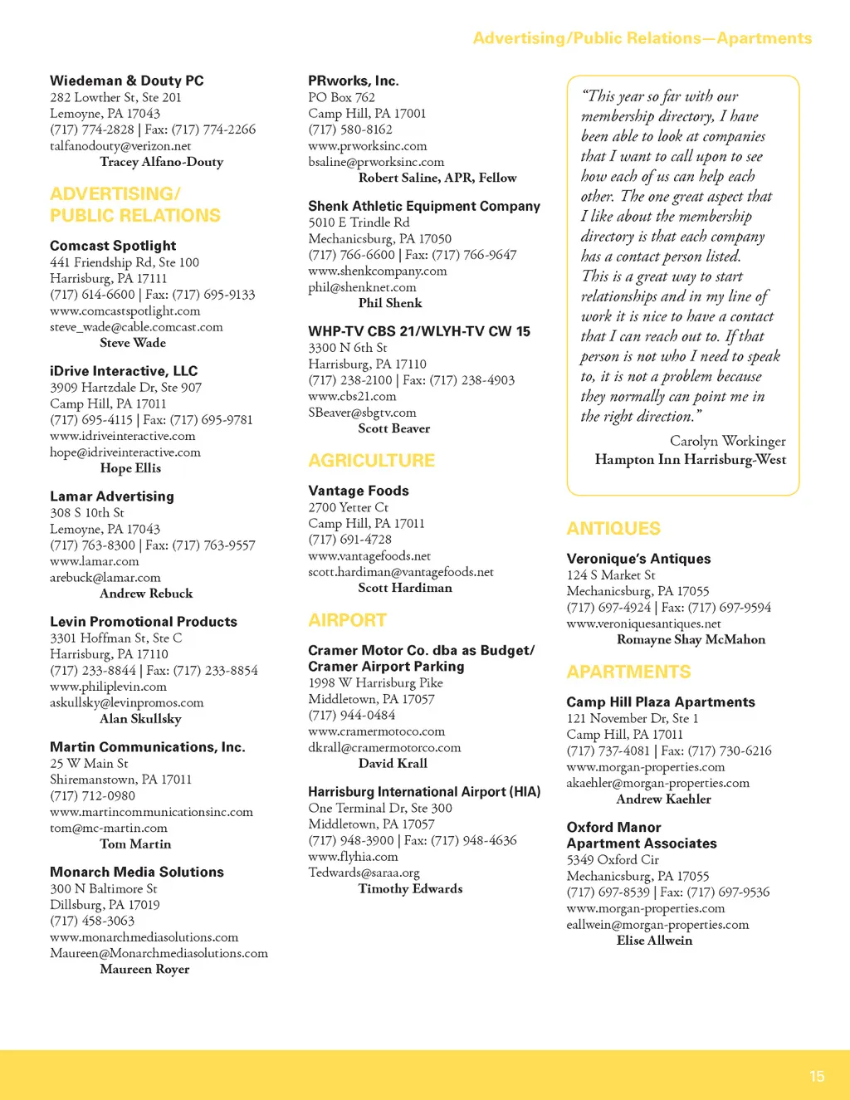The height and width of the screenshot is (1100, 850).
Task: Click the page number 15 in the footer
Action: click(x=817, y=1076)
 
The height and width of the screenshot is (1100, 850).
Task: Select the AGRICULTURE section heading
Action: click(x=371, y=461)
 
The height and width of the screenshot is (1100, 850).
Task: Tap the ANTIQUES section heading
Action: click(x=613, y=529)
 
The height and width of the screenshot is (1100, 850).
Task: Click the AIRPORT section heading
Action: click(x=347, y=620)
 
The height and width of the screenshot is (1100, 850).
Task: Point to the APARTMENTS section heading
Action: click(x=628, y=672)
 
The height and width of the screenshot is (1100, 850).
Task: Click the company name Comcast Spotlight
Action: click(x=113, y=246)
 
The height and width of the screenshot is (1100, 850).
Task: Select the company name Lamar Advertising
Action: click(x=112, y=496)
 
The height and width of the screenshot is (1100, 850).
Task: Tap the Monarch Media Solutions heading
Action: click(x=137, y=872)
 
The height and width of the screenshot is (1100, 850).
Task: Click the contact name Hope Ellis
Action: click(x=130, y=468)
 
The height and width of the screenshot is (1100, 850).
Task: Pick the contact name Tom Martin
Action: click(x=135, y=843)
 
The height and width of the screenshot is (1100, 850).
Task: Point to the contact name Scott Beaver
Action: click(x=393, y=428)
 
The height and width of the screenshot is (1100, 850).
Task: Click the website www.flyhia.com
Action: click(x=353, y=856)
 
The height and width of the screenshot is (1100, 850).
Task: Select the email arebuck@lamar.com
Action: click(x=105, y=577)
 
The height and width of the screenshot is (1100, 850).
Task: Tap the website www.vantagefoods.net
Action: click(x=369, y=555)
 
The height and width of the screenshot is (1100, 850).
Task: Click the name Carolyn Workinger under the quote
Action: click(x=727, y=441)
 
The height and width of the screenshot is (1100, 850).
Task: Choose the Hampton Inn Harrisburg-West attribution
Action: click(x=690, y=459)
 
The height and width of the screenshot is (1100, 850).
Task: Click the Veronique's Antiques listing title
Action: click(x=638, y=559)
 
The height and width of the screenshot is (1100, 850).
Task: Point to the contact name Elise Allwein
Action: click(x=654, y=940)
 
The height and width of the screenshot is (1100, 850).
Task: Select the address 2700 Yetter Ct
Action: click(x=348, y=507)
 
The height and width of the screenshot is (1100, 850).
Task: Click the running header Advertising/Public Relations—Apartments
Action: click(x=642, y=38)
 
